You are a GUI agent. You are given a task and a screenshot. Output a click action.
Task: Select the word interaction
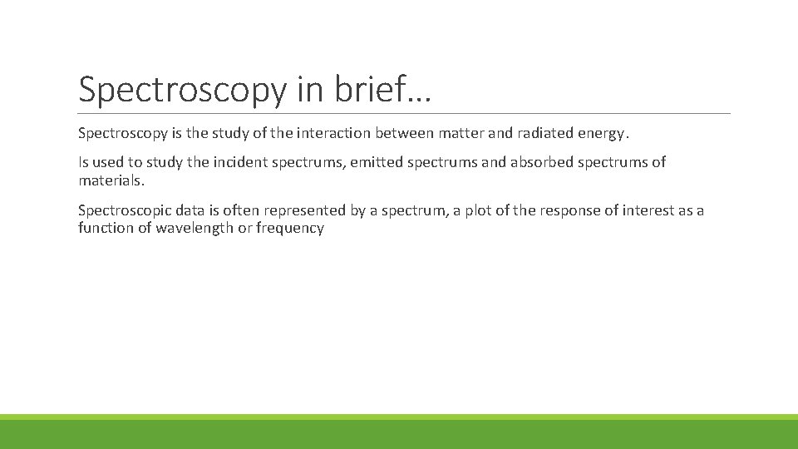333,132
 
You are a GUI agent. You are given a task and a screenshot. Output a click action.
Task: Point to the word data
189,210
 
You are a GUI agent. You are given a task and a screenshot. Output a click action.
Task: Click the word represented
305,211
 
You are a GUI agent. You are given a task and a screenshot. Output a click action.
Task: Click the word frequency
290,227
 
